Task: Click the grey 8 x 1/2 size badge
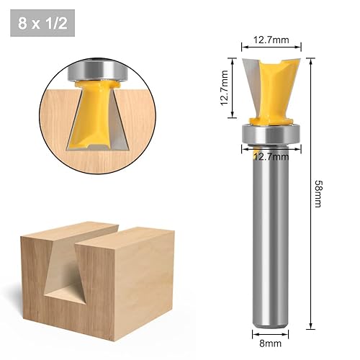coord(42,23)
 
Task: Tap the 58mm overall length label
coord(319,194)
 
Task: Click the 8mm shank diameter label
coord(271,343)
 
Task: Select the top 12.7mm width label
coord(271,40)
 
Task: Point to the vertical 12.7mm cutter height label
coord(223,88)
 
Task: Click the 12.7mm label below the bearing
coord(271,157)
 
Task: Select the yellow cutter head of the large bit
coord(274,92)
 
